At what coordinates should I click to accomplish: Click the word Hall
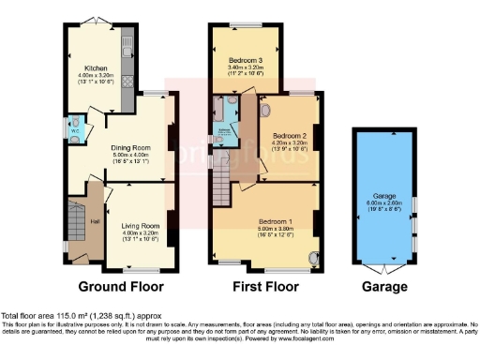[95, 221]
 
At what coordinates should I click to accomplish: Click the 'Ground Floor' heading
[121, 286]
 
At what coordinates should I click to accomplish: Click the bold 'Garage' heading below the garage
[383, 286]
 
